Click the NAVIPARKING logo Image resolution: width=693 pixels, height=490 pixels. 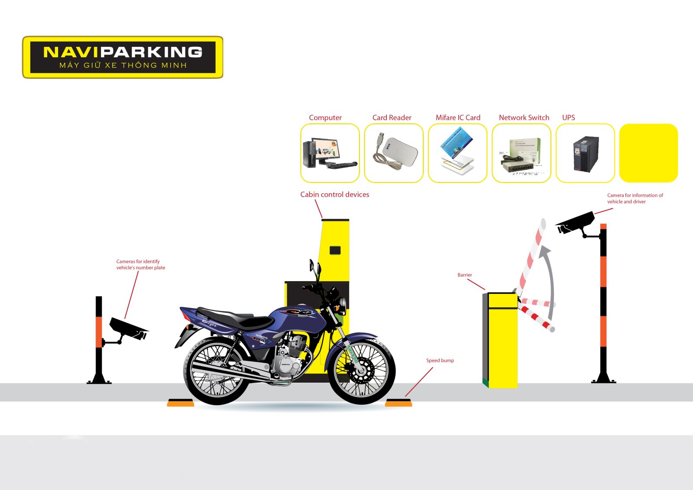(123, 57)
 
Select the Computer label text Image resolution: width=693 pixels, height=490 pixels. (325, 117)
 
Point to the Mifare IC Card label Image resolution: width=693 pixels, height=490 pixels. (458, 117)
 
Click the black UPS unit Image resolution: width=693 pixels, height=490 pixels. (586, 153)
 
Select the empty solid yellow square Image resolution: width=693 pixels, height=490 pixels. (648, 153)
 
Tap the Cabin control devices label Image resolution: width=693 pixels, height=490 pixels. (335, 195)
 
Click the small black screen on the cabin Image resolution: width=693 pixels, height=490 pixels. (335, 250)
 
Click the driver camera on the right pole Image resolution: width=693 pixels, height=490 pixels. (575, 223)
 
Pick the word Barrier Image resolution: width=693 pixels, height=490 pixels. (464, 275)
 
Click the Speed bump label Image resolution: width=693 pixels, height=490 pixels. (440, 360)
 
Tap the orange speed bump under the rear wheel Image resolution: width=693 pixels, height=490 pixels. (181, 403)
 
